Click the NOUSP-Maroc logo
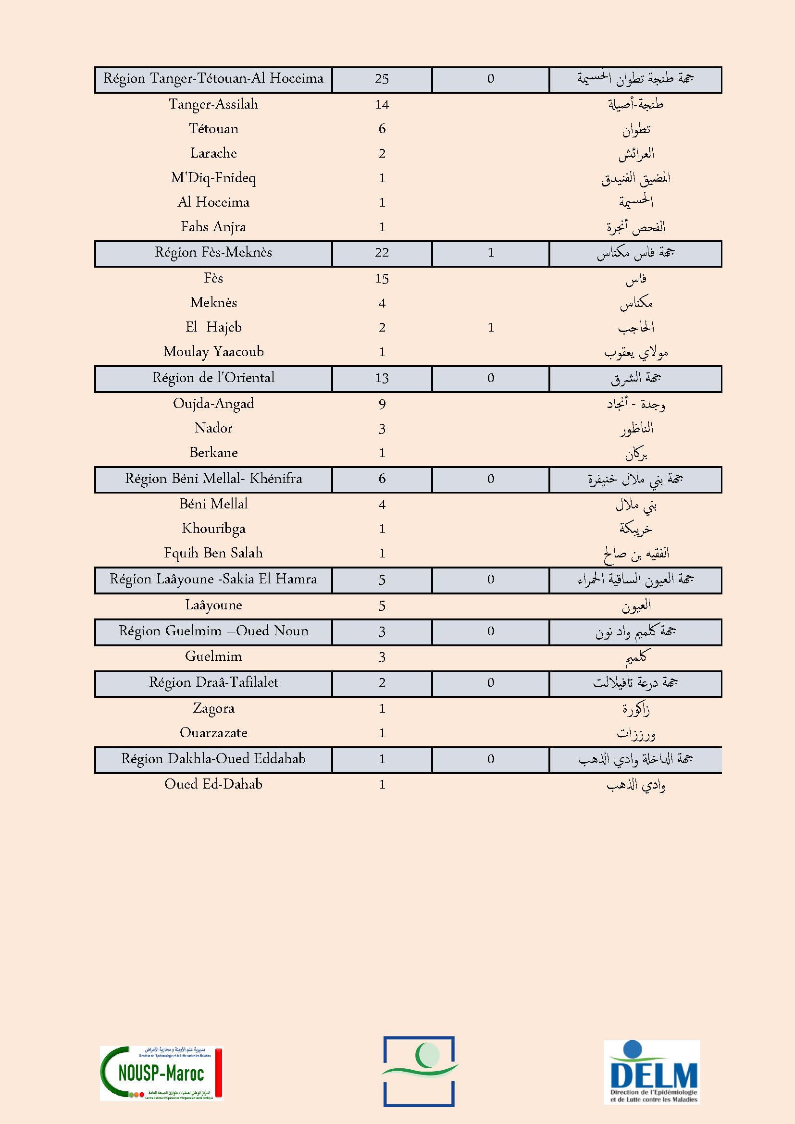[161, 1073]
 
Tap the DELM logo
[652, 1072]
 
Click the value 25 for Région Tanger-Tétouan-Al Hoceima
[382, 79]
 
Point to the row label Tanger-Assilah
[213, 104]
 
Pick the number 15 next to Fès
[382, 279]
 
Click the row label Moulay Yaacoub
[213, 351]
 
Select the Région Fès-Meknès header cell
[213, 253]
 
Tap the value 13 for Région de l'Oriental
[382, 378]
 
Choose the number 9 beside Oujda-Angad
[382, 404]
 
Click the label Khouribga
[213, 529]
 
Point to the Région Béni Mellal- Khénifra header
[213, 479]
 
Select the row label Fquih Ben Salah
[213, 553]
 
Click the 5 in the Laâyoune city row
[382, 606]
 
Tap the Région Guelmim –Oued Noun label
[213, 631]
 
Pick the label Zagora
[213, 708]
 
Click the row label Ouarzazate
[213, 733]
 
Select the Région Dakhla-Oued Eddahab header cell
[213, 759]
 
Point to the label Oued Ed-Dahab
[213, 784]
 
